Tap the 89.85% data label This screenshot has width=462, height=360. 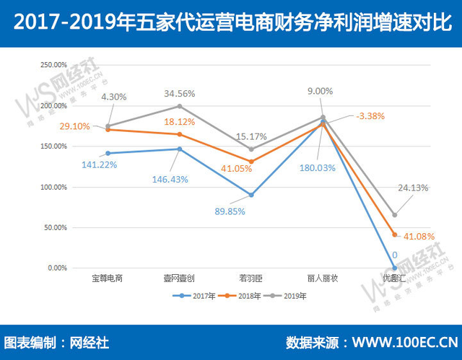tap(230, 211)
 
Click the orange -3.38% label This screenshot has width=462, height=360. tap(370, 115)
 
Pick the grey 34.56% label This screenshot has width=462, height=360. tap(180, 93)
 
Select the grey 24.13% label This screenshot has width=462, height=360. tap(413, 188)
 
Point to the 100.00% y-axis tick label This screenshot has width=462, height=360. tap(52, 187)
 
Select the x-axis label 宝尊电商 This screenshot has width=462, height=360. tap(107, 278)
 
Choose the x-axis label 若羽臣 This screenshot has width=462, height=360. tap(250, 278)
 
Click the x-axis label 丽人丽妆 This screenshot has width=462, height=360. tap(323, 278)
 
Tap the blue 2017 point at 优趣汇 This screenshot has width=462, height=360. tap(395, 268)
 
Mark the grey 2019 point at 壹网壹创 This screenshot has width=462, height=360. tap(179, 106)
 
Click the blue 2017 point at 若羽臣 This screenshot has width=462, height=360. tap(250, 195)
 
